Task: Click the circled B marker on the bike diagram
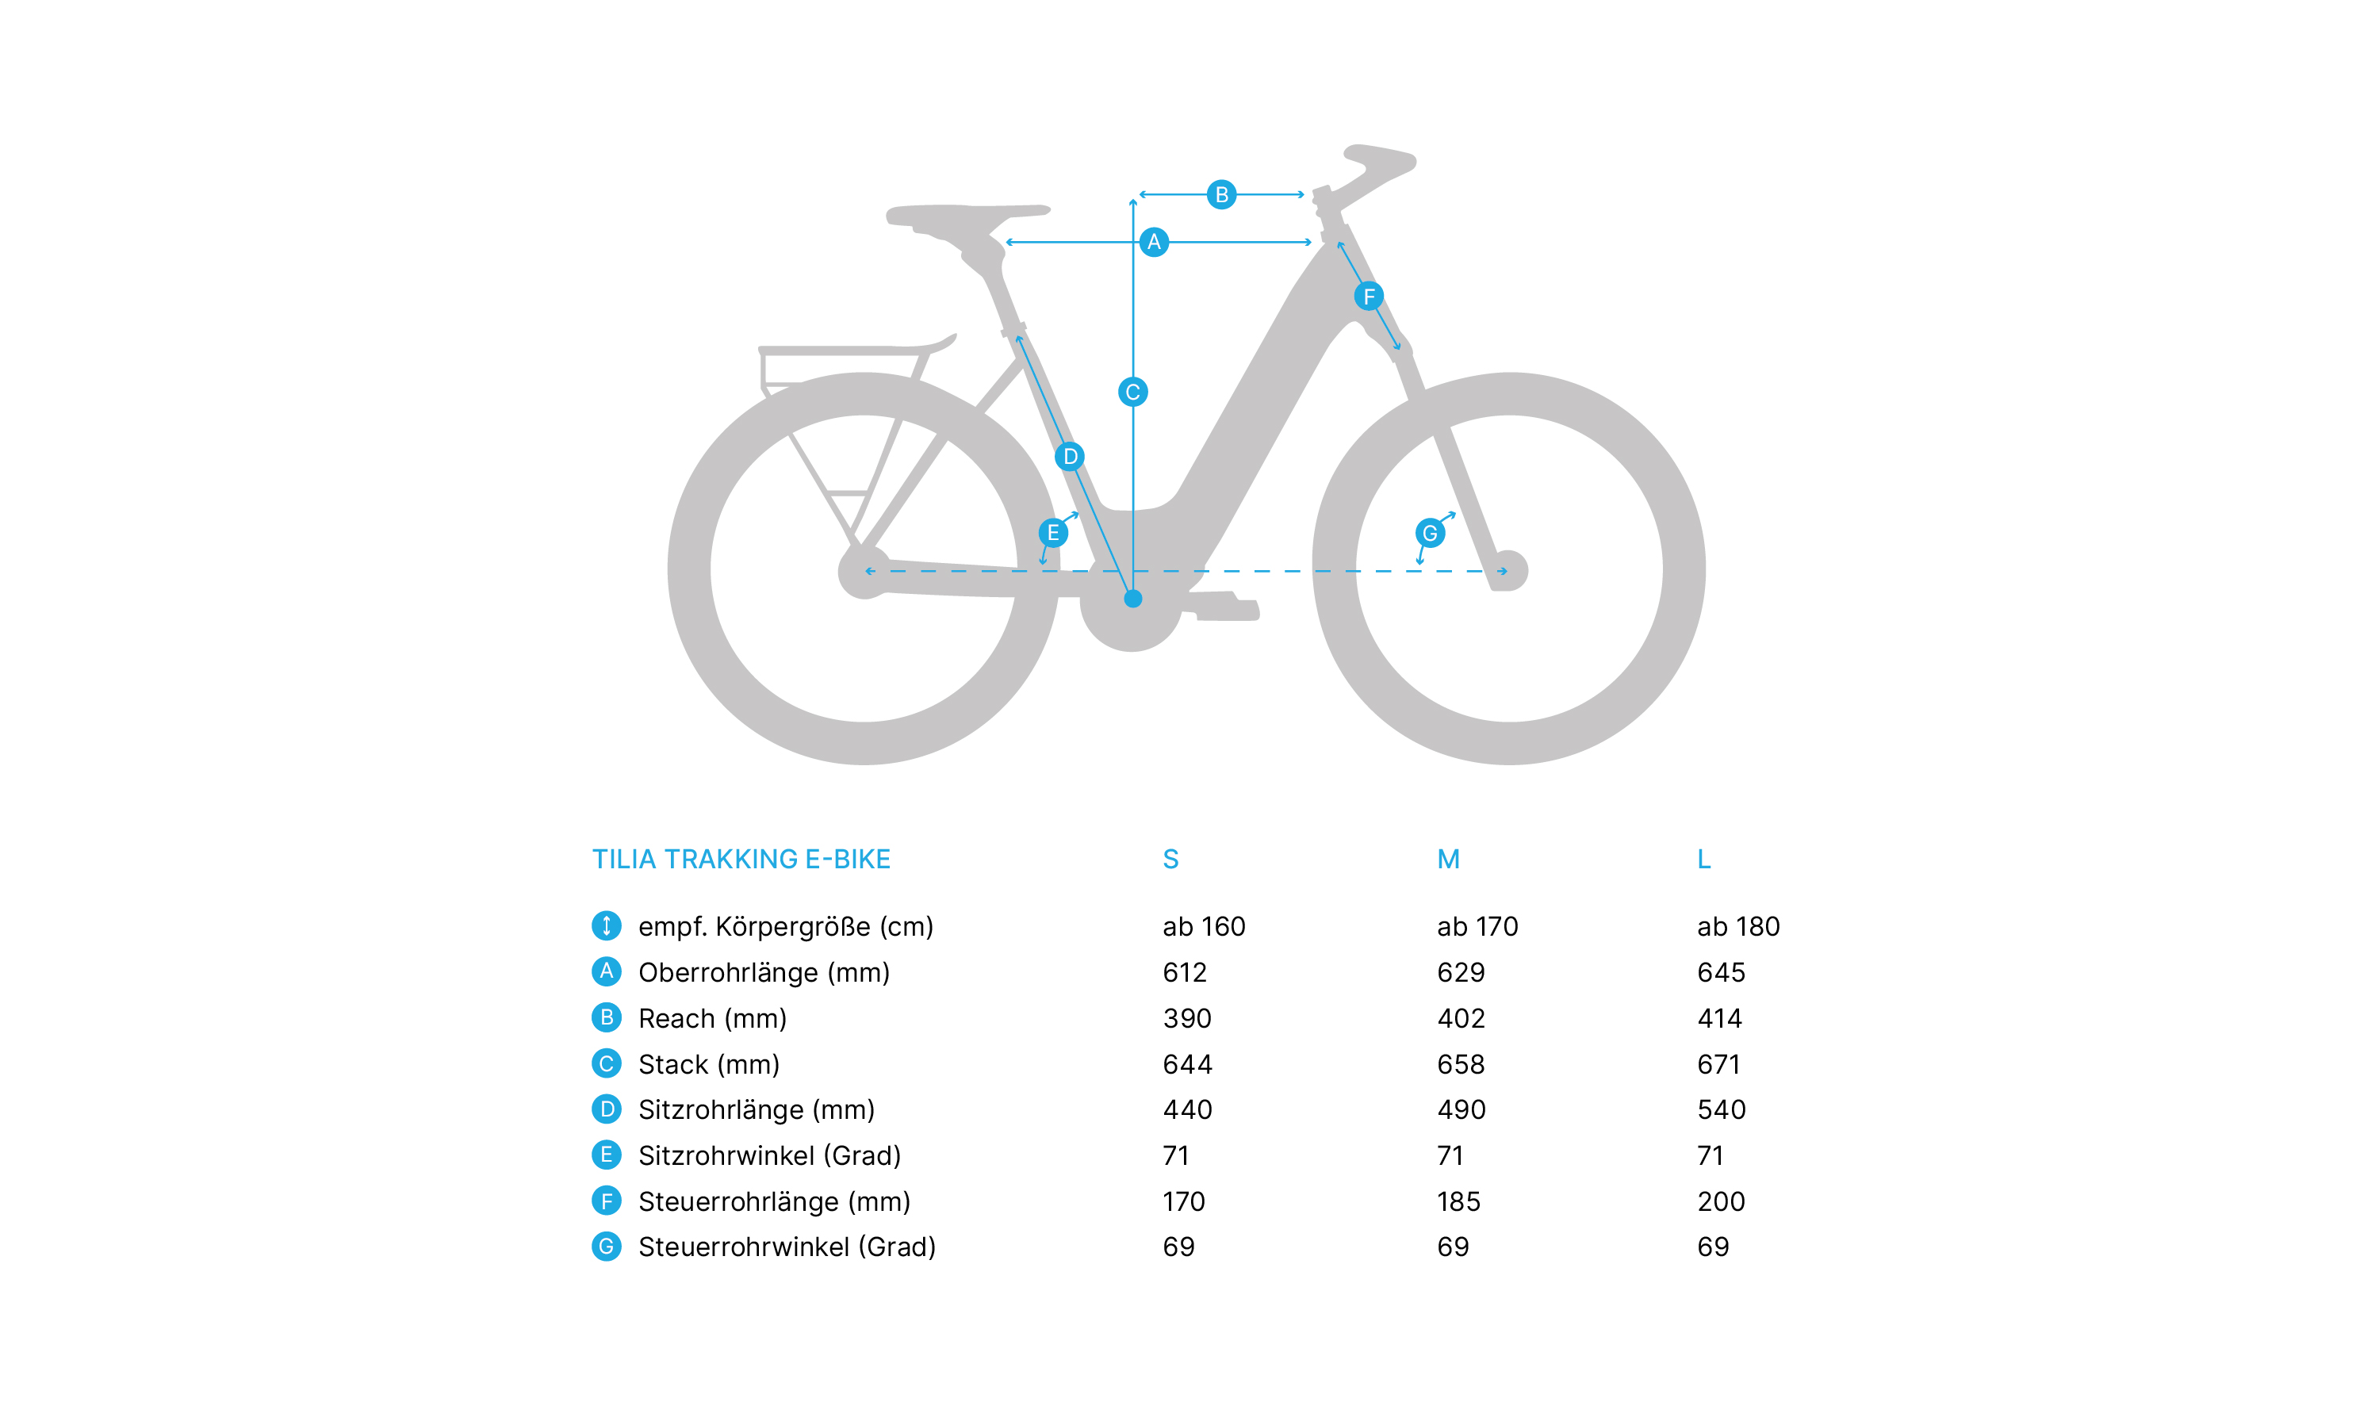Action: pos(1220,194)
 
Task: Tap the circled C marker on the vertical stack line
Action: pos(1132,392)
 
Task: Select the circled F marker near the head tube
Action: pos(1368,296)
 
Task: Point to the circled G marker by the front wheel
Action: pos(1429,532)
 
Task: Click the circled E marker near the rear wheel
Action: pos(1053,532)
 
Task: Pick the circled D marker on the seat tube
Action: pos(1069,457)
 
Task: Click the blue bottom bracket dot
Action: pos(1132,599)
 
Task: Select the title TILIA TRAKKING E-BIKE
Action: pos(741,859)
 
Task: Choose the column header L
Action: pos(1703,859)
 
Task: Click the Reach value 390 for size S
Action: pos(1187,1018)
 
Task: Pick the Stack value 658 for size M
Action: pos(1461,1064)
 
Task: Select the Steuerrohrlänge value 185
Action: pos(1458,1201)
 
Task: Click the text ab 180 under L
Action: pos(1737,926)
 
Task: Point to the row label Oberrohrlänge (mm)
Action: pos(764,972)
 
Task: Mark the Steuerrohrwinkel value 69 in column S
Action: pos(1178,1246)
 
